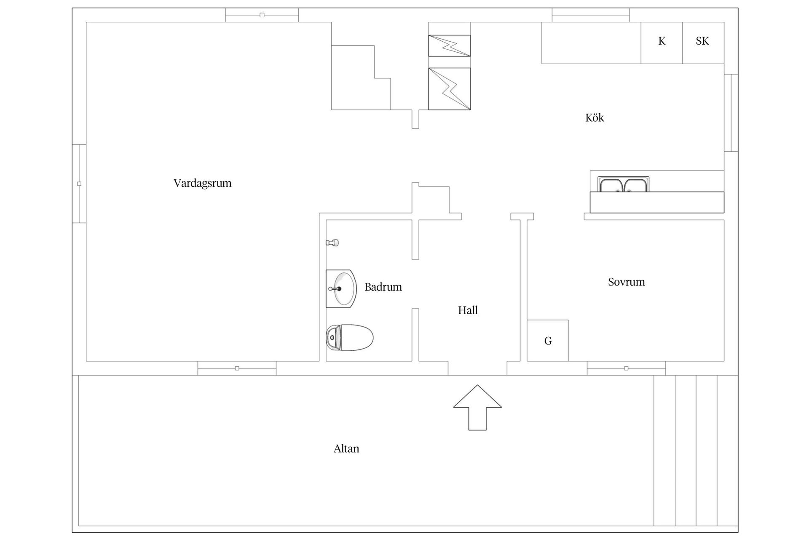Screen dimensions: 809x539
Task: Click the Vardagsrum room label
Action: pos(203,184)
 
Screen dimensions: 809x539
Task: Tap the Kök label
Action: pos(595,117)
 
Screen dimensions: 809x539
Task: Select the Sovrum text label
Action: pos(626,282)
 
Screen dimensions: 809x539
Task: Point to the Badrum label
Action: pos(383,287)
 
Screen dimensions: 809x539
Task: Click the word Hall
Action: pos(468,310)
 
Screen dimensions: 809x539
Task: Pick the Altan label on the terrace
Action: pos(346,448)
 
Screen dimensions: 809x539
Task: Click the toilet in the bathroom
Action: pos(350,338)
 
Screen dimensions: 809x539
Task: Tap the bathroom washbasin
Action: pos(341,289)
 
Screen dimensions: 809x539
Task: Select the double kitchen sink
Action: pos(623,184)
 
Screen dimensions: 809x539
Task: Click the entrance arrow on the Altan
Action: pos(477,407)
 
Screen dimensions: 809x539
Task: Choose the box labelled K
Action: pos(662,43)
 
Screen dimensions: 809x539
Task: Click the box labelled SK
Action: pos(703,43)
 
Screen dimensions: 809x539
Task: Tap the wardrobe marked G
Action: pos(548,341)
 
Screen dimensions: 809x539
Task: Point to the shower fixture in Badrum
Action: pos(332,243)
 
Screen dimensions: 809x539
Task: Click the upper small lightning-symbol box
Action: pos(450,45)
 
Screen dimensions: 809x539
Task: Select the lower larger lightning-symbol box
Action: pos(450,89)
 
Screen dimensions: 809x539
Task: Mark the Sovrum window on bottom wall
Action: pos(626,368)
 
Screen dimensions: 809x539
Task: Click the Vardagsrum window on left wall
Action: pos(79,184)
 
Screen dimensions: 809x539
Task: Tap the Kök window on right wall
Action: pos(731,112)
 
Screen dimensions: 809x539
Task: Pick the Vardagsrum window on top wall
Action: pos(262,15)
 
